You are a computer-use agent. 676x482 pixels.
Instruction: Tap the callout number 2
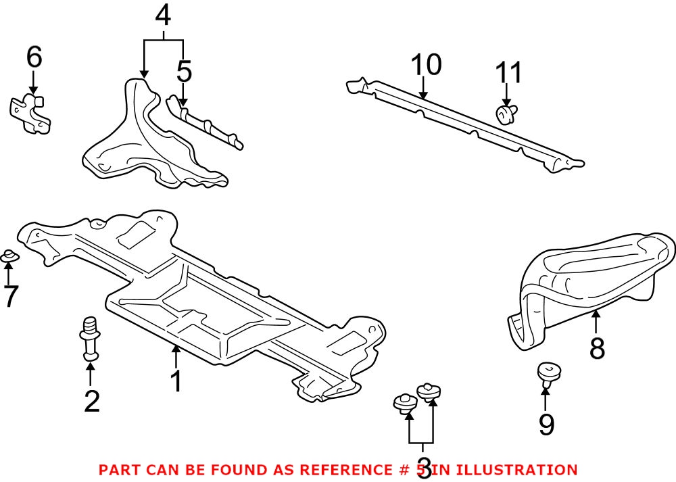pos(91,401)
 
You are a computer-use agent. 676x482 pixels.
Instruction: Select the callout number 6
pos(34,58)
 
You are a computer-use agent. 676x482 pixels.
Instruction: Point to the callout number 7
pos(9,296)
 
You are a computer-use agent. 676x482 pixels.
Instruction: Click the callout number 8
pos(596,349)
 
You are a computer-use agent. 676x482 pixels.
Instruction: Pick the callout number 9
pos(546,424)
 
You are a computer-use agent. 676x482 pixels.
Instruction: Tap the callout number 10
pos(426,66)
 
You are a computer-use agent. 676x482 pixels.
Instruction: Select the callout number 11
pos(509,72)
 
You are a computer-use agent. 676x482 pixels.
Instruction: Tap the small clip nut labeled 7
pos(9,256)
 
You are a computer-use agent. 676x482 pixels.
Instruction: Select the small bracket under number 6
pos(30,113)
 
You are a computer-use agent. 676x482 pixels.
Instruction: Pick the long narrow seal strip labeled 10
pos(466,123)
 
